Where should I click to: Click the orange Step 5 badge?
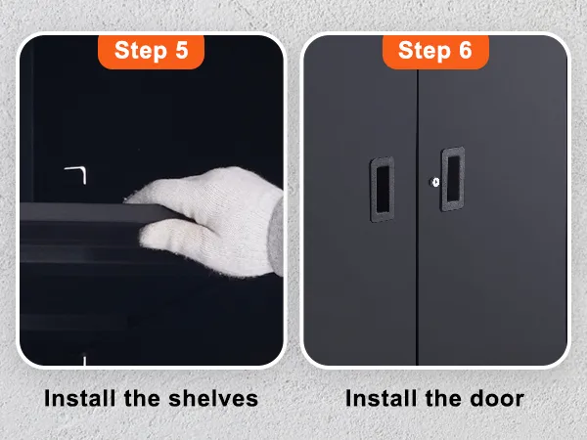coord(151,52)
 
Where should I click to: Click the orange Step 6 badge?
coord(435,52)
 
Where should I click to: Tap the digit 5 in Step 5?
coord(182,50)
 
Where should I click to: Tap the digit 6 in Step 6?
coord(466,50)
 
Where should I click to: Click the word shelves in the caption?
coord(213,398)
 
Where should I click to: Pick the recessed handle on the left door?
coord(383,189)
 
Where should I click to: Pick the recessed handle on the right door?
coord(453,179)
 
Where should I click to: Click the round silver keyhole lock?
coord(435,182)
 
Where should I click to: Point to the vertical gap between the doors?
coord(417,217)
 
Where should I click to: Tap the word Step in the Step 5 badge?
coord(140,51)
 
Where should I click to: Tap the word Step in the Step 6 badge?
coord(425,51)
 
